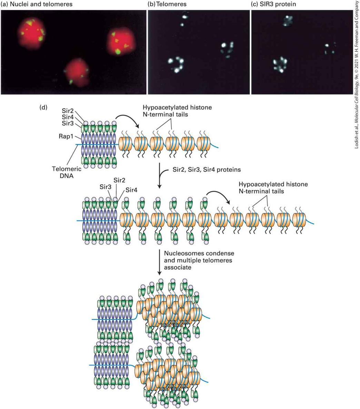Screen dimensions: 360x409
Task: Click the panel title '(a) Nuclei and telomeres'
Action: (x=37, y=4)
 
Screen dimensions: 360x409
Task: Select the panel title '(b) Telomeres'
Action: (x=167, y=4)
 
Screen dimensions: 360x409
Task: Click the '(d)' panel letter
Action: (x=43, y=107)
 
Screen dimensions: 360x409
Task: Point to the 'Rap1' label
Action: (x=66, y=136)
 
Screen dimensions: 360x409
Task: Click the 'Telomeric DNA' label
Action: (x=63, y=172)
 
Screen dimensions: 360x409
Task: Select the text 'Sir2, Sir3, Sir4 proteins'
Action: (x=207, y=170)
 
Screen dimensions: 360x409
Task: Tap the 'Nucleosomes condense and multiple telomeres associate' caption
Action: (x=199, y=260)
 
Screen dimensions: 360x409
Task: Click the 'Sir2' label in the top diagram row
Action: (x=68, y=111)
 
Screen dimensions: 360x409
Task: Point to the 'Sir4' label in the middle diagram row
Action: (x=131, y=190)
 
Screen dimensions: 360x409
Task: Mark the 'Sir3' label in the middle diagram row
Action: (x=106, y=187)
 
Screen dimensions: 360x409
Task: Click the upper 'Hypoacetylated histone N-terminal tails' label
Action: (x=177, y=111)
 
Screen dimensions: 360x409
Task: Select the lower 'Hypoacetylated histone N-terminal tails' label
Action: (x=273, y=188)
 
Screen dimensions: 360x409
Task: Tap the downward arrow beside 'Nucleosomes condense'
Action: (x=159, y=262)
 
